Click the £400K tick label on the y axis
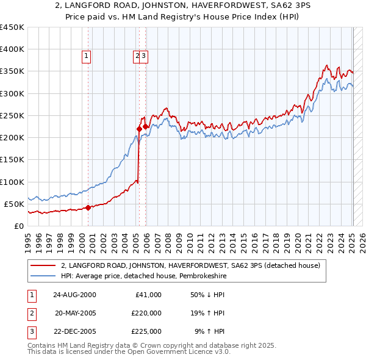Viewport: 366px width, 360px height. click(x=12, y=49)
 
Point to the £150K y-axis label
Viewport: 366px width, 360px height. click(x=12, y=159)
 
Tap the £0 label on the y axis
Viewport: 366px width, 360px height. click(x=20, y=226)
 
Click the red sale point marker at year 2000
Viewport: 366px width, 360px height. click(x=88, y=207)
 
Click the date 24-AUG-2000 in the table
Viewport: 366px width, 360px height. click(x=75, y=295)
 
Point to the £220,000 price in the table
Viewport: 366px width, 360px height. click(x=146, y=313)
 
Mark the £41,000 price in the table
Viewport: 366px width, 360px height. click(x=148, y=295)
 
